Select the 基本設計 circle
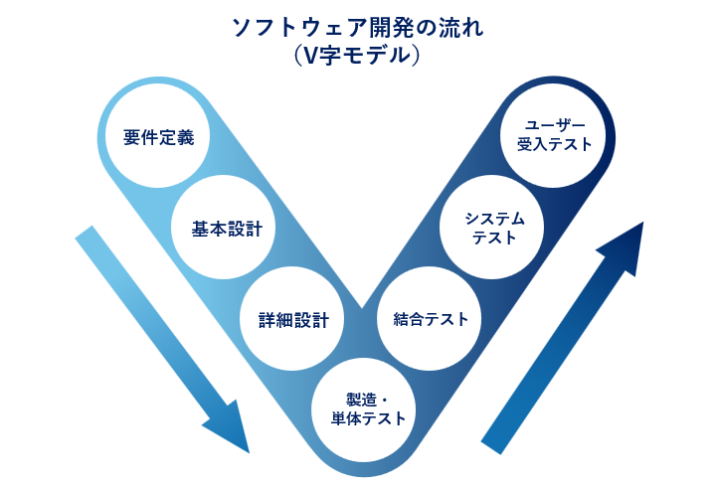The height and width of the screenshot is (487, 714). click(x=227, y=229)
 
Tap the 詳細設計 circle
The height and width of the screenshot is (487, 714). click(x=292, y=320)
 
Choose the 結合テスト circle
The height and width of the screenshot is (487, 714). click(x=430, y=319)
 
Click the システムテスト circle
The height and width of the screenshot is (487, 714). click(x=494, y=229)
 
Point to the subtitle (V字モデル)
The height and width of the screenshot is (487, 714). click(x=357, y=56)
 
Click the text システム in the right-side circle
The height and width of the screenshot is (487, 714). click(x=494, y=219)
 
